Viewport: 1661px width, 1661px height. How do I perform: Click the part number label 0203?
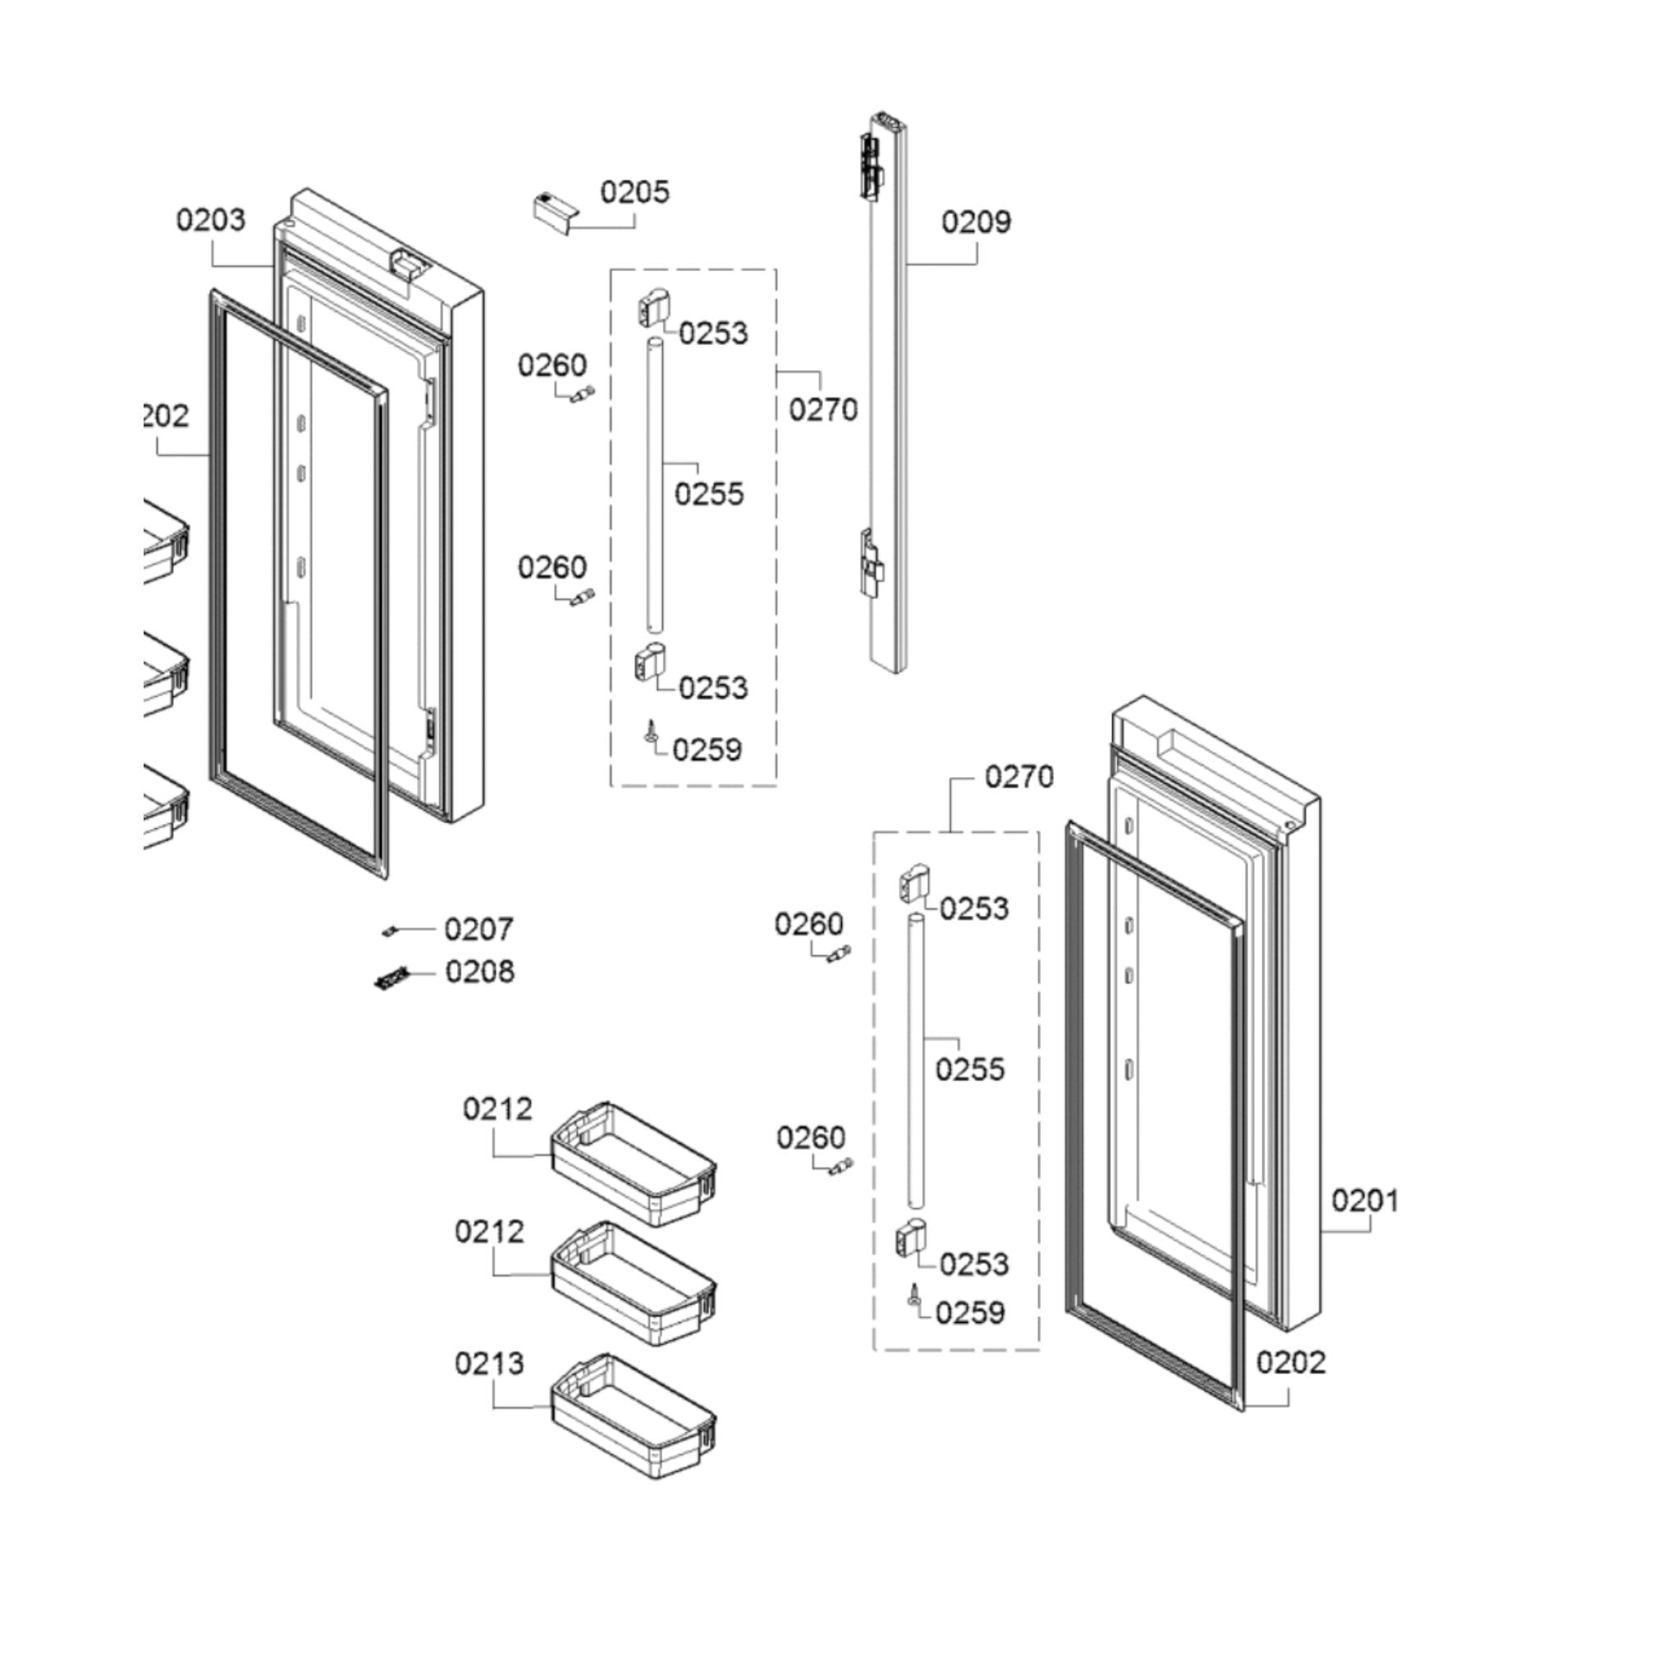(x=211, y=220)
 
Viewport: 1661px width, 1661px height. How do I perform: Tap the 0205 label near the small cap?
(x=634, y=192)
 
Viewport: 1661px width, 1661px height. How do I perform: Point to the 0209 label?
(x=976, y=222)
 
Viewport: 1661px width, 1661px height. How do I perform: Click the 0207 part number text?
(x=479, y=929)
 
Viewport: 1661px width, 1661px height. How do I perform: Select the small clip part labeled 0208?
(x=391, y=977)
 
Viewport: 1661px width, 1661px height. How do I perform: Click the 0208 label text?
(x=480, y=972)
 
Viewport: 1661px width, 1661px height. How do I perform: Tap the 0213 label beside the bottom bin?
(x=489, y=1364)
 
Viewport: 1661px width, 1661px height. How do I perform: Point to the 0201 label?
(x=1366, y=1201)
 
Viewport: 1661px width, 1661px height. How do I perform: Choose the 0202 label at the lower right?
(x=1290, y=1361)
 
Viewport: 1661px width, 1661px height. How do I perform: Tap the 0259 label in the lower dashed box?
(x=971, y=1313)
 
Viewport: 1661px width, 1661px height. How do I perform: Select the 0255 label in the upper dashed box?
(x=708, y=494)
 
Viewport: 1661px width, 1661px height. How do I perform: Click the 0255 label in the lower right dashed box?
(x=970, y=1069)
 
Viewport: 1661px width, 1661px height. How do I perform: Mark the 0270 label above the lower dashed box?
(x=1018, y=777)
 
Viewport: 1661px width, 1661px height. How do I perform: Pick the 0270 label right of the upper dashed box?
(x=823, y=410)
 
